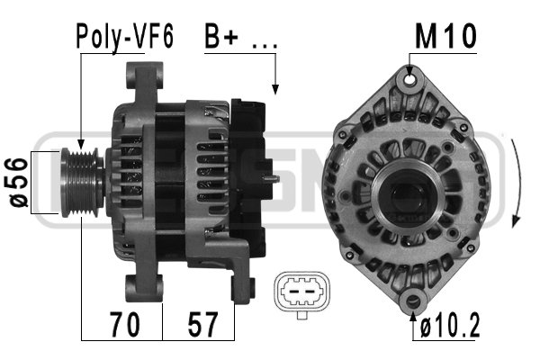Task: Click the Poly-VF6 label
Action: coord(124,37)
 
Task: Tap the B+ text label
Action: coord(221,36)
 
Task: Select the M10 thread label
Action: coord(445,36)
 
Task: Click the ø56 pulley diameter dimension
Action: coord(16,183)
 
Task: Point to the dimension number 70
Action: coord(125,324)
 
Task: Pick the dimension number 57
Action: coord(202,324)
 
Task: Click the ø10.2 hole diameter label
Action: coord(450,327)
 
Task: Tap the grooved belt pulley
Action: coord(82,182)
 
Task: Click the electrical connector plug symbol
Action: coord(302,294)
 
